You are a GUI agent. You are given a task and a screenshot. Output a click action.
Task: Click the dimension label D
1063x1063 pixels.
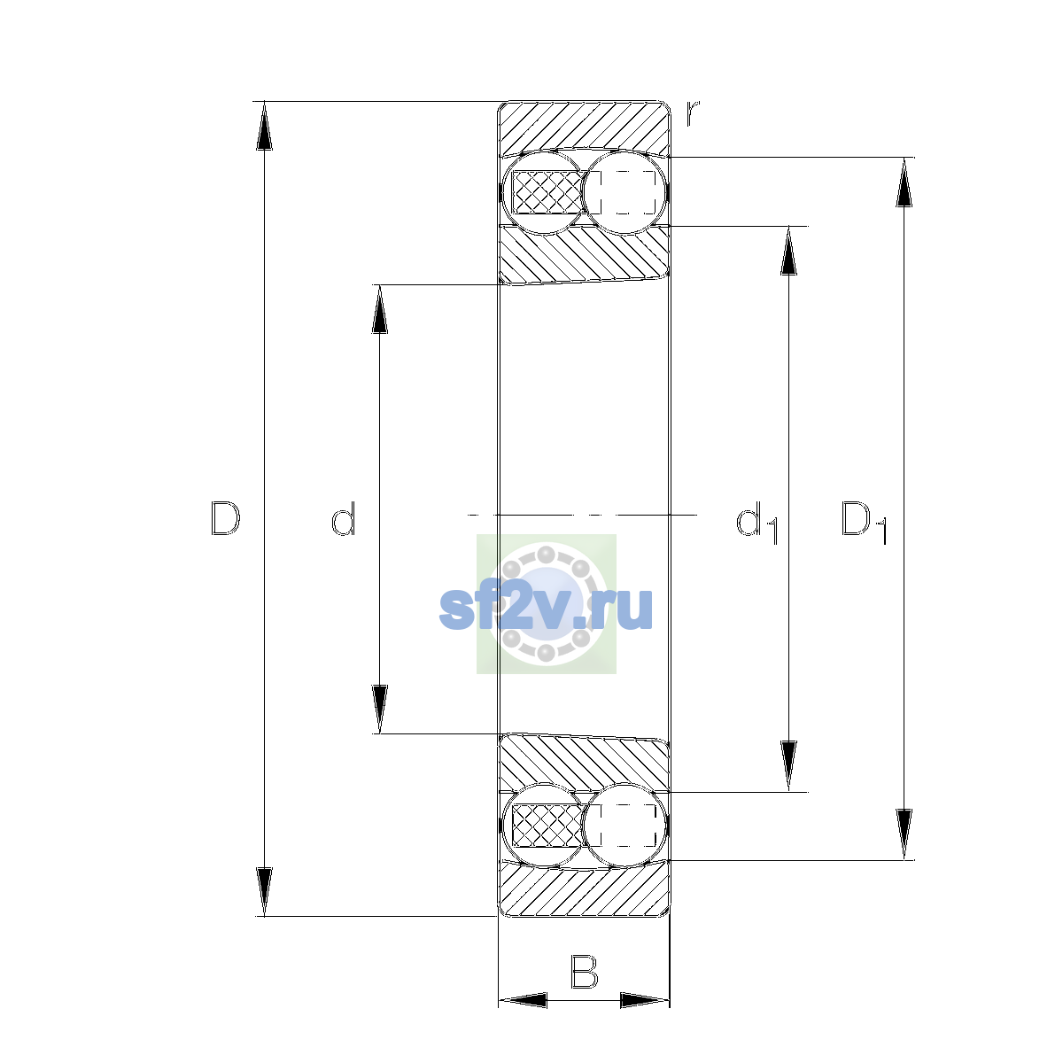tap(225, 518)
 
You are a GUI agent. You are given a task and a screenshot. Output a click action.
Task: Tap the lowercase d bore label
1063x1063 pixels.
tap(343, 518)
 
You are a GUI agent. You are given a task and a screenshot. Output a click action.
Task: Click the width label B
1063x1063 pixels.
tap(584, 972)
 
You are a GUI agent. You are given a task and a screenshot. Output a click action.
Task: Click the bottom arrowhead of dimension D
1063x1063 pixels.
tap(264, 892)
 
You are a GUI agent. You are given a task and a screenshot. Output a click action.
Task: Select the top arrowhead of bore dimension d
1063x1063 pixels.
tap(379, 309)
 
